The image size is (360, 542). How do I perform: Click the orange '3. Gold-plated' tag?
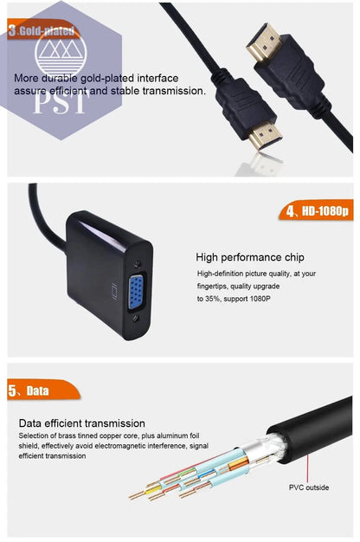[x=42, y=31]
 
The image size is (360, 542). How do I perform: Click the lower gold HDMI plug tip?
[x=269, y=138]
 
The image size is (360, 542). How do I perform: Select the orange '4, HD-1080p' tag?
[x=315, y=210]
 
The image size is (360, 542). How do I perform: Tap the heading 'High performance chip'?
[x=249, y=257]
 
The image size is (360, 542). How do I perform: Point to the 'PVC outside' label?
[x=308, y=487]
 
